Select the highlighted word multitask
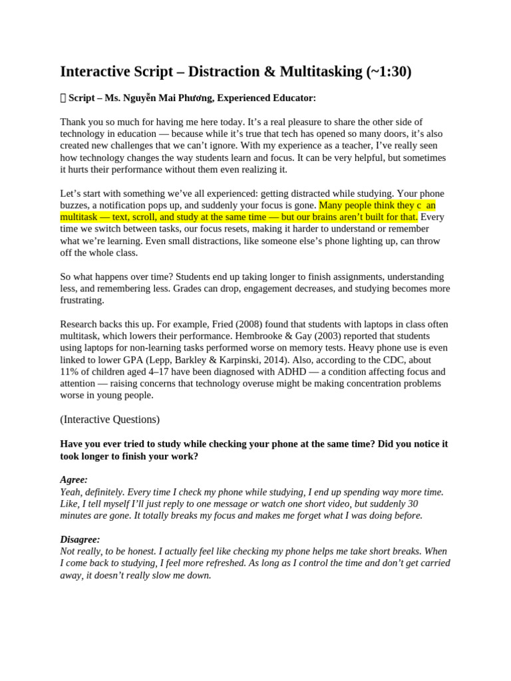click(x=82, y=217)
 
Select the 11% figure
click(x=70, y=372)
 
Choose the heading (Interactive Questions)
click(x=110, y=420)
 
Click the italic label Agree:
click(x=74, y=479)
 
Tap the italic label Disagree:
click(x=80, y=539)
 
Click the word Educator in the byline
click(x=295, y=98)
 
